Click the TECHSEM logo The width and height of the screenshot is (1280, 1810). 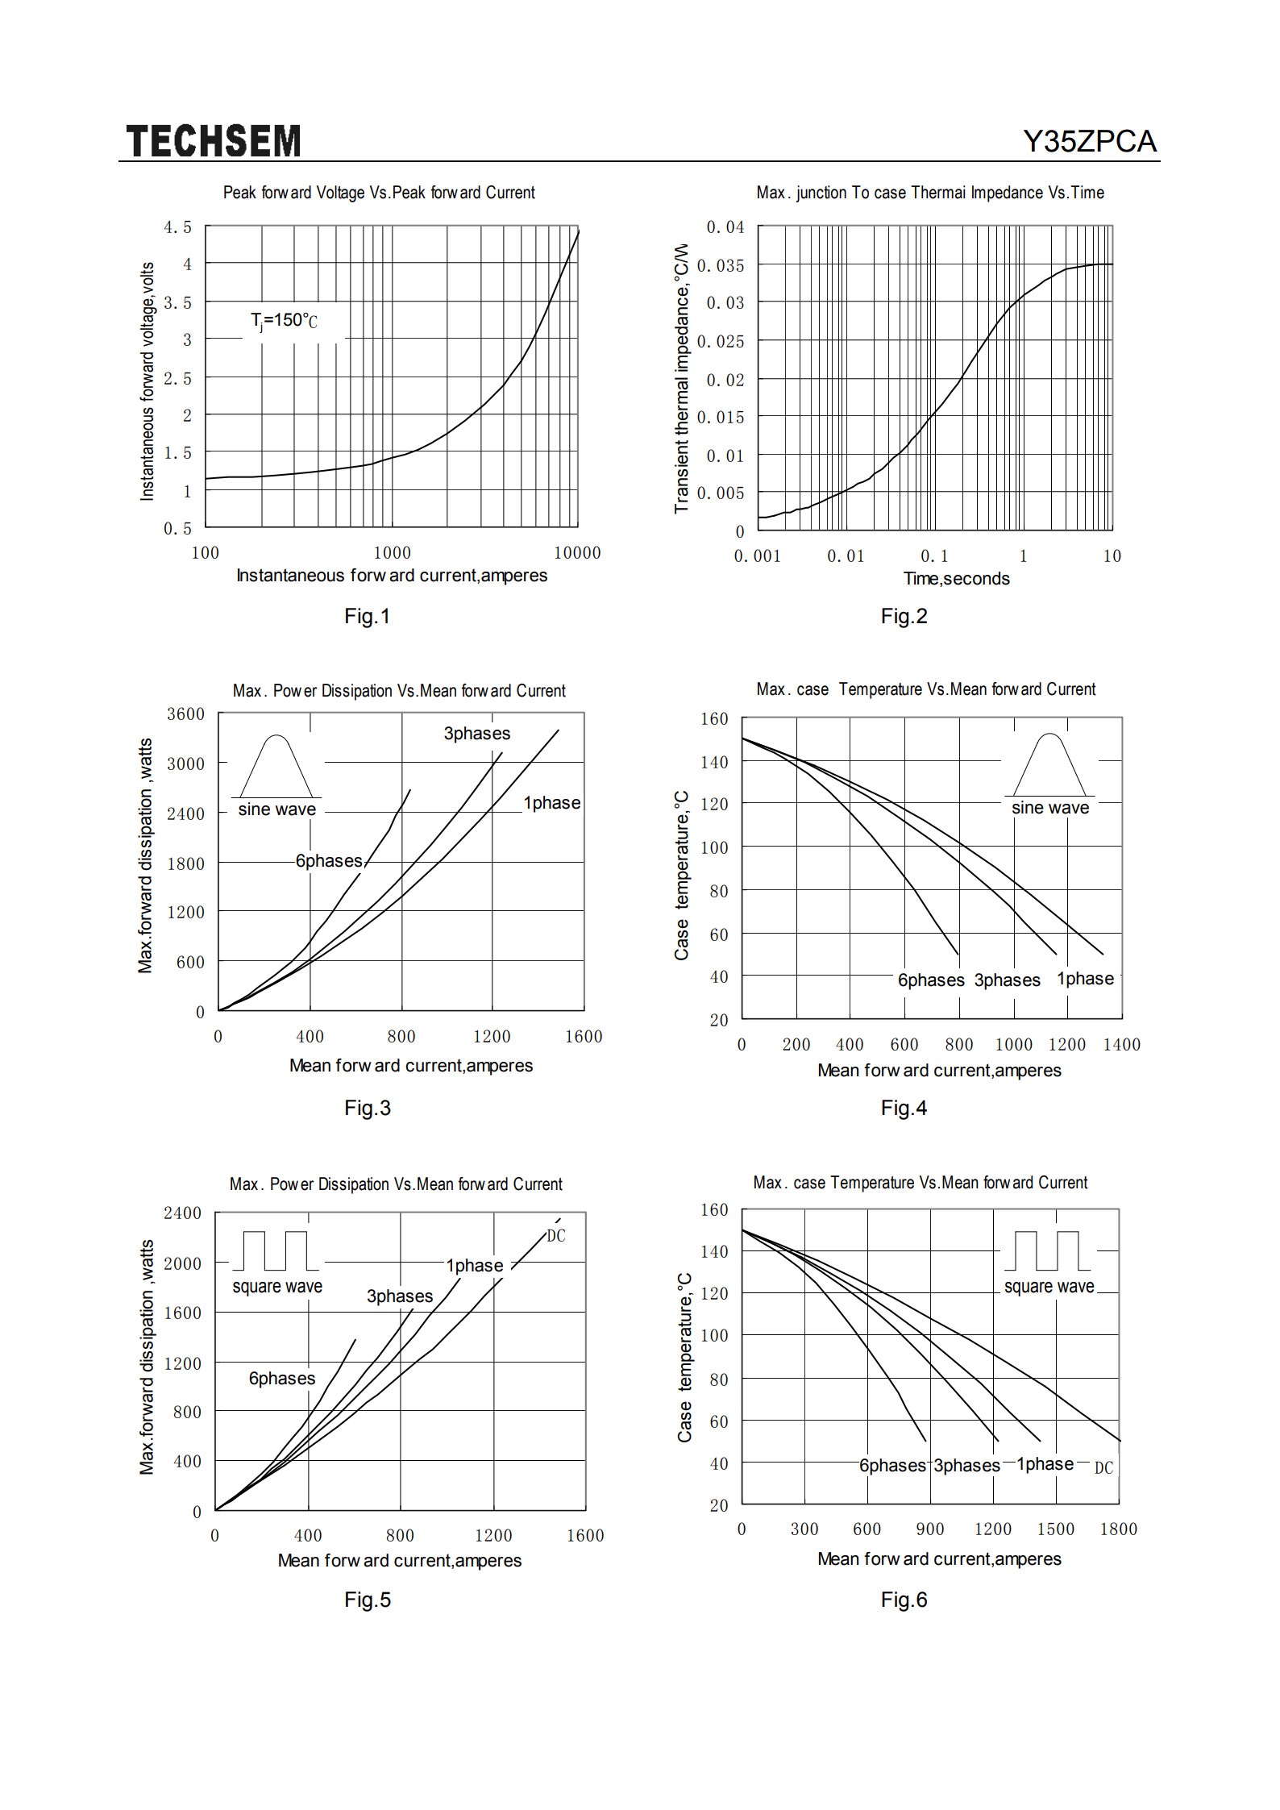(214, 141)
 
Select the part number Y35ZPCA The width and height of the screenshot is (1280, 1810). (1090, 142)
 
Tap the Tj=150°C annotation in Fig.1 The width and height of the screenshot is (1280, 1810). (284, 321)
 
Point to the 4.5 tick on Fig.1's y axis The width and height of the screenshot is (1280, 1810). (178, 227)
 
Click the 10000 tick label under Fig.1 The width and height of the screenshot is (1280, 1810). (577, 553)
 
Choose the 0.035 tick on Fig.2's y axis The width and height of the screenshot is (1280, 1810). (721, 265)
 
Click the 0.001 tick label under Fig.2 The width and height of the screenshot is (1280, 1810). (757, 556)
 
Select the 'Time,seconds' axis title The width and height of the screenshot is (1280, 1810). (956, 579)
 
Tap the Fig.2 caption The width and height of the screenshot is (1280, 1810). (904, 617)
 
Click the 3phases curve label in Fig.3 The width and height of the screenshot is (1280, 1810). (476, 734)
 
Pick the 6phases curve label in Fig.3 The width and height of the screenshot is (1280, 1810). (329, 861)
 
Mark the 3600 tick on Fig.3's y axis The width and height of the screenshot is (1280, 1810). (186, 714)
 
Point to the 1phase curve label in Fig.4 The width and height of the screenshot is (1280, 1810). (1085, 979)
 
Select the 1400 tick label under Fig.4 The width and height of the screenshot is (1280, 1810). (1121, 1045)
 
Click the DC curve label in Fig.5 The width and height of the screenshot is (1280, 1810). (556, 1236)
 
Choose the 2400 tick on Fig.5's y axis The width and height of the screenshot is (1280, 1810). (183, 1213)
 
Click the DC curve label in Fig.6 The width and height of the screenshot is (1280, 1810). (1103, 1468)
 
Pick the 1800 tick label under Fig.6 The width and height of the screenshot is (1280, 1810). (1118, 1529)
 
